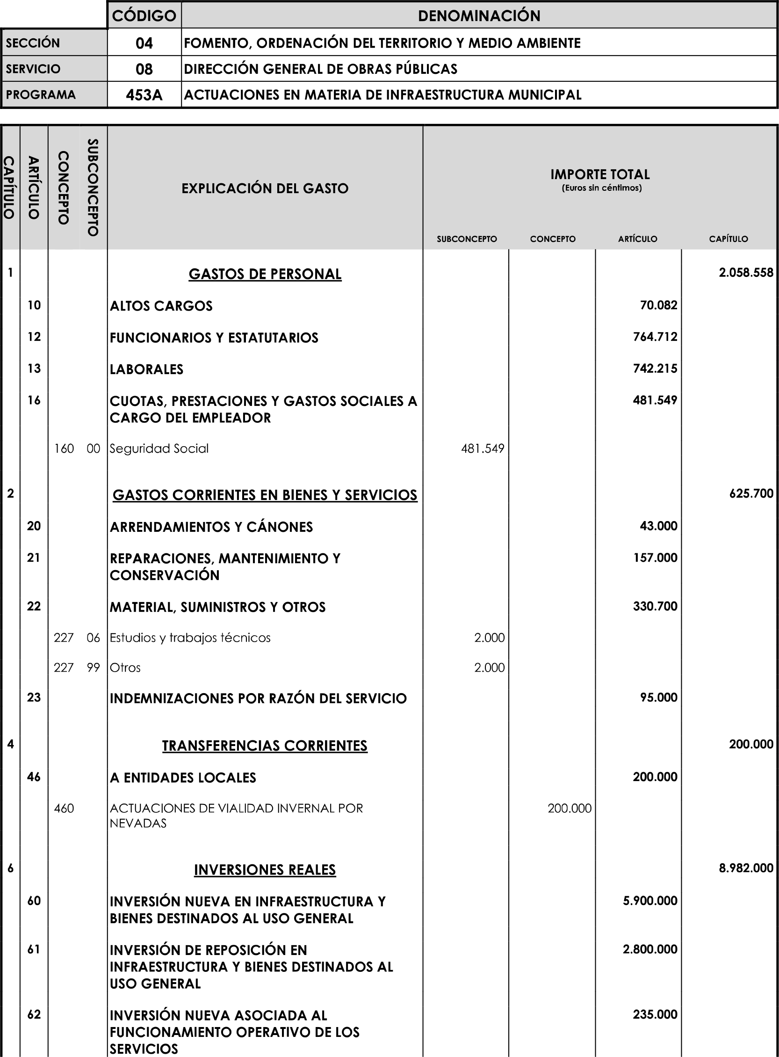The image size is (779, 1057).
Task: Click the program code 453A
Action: pos(144,95)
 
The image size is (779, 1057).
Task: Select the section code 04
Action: pos(144,43)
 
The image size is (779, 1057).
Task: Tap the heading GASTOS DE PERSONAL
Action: pos(265,274)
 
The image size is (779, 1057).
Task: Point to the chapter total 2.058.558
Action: pos(745,273)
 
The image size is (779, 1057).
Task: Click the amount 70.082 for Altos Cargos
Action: pos(658,305)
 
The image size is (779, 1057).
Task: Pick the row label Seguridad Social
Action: pos(159,449)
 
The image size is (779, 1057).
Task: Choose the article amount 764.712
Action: pos(655,337)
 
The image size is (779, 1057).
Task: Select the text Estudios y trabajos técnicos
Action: pos(190,637)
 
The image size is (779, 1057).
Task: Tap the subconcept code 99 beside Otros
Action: pos(94,668)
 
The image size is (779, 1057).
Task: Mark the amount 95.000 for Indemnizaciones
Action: pos(658,698)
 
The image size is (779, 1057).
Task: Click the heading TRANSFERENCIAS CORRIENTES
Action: pos(265,746)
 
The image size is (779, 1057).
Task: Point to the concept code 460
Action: pos(64,809)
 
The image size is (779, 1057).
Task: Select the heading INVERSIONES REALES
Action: pos(265,870)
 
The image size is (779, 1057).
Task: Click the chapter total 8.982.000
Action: pos(745,869)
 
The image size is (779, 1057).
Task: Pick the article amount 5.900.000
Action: pos(650,901)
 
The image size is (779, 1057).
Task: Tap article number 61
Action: pos(34,949)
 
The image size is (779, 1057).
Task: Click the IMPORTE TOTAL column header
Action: pos(600,175)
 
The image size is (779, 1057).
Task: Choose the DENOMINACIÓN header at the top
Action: pos(479,16)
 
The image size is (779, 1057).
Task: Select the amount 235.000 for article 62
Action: pos(655,1014)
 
